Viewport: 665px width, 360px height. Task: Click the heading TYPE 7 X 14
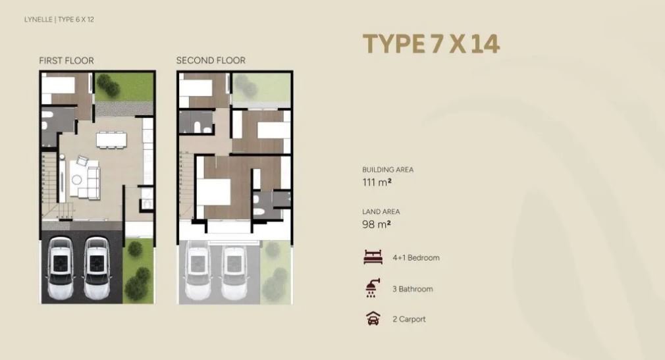[x=431, y=43]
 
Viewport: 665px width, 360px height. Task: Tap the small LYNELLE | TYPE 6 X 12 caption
[x=59, y=20]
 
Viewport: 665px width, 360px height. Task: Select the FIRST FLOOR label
[x=66, y=61]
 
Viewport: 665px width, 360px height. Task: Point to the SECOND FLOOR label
[x=211, y=61]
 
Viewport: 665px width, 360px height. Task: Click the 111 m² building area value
[x=377, y=182]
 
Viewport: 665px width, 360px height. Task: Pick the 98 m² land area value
[x=376, y=224]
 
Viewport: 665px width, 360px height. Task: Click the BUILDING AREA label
[x=388, y=170]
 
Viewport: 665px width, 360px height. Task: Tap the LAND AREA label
[x=381, y=211]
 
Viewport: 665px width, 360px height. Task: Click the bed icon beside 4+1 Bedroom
[x=373, y=257]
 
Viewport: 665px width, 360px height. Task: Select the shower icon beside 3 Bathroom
[x=373, y=288]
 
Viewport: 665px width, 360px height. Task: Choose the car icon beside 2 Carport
[x=373, y=319]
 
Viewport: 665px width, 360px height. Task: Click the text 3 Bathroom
[x=413, y=289]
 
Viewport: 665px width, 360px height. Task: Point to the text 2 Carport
[x=409, y=319]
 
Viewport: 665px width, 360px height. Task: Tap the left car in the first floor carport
[x=61, y=268]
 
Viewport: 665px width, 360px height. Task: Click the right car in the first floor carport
[x=97, y=268]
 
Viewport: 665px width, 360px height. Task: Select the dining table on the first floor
[x=111, y=140]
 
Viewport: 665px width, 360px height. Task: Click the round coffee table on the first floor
[x=77, y=180]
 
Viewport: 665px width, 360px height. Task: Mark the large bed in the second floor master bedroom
[x=214, y=192]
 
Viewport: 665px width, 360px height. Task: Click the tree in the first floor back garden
[x=108, y=85]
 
